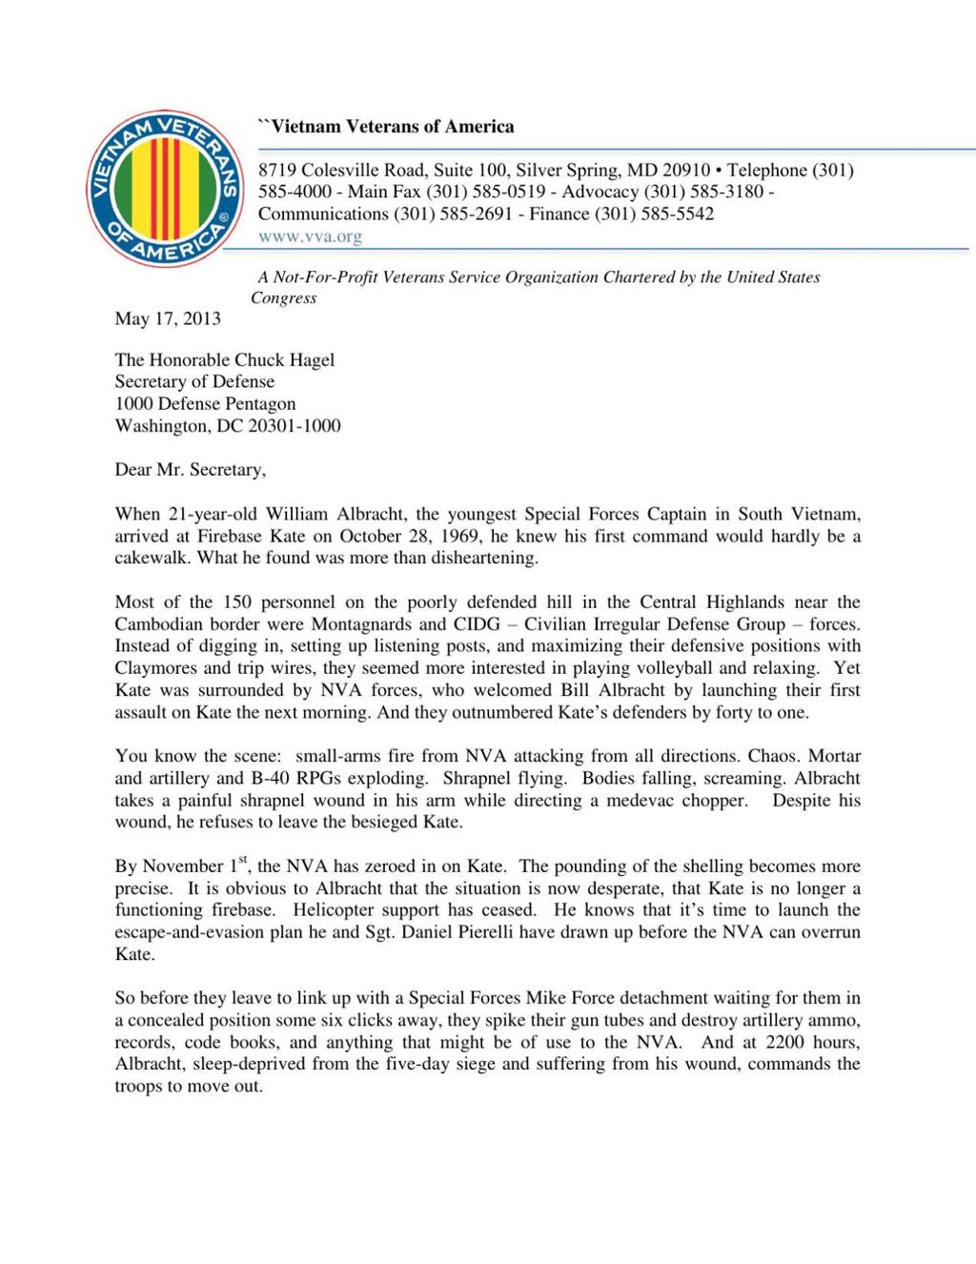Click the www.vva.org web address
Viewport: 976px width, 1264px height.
click(x=310, y=236)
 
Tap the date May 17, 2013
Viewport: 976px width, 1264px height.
click(x=168, y=318)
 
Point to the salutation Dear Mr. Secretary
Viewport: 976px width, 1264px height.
click(x=190, y=469)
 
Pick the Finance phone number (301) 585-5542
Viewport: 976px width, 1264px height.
click(x=654, y=214)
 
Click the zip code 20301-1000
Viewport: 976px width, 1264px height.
click(x=294, y=425)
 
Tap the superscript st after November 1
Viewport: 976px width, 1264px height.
click(x=243, y=860)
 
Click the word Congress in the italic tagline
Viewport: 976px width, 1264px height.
click(x=283, y=297)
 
